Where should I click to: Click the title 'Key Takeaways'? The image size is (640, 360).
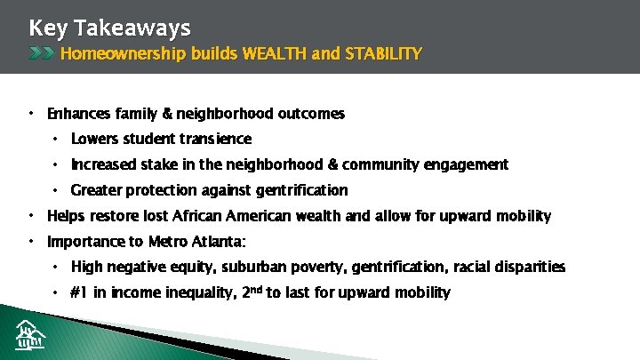(x=109, y=28)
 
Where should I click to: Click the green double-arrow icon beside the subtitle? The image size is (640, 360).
(x=42, y=54)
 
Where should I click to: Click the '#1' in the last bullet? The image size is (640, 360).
(x=78, y=292)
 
